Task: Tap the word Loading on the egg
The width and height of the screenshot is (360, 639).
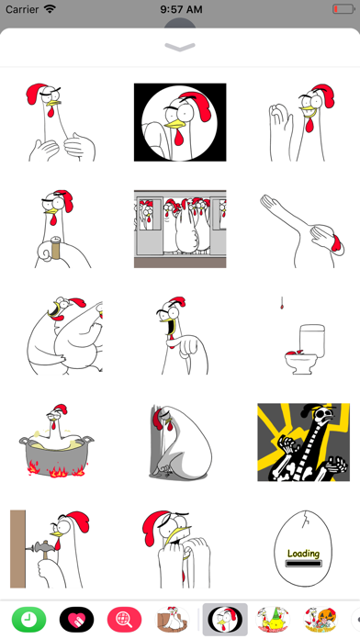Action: click(x=303, y=554)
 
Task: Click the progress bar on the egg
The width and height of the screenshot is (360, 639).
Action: click(x=303, y=564)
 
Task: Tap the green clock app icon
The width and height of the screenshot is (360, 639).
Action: click(x=29, y=620)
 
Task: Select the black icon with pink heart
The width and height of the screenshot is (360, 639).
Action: click(x=76, y=620)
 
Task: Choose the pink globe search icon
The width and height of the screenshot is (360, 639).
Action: click(x=124, y=620)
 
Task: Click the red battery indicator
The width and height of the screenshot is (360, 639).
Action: click(x=343, y=9)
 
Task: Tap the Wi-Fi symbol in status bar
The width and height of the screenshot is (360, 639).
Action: click(x=51, y=9)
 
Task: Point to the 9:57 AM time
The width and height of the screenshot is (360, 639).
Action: click(x=181, y=9)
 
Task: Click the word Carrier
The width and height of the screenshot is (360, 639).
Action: click(x=22, y=9)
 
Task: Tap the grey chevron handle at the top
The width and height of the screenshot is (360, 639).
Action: click(x=180, y=47)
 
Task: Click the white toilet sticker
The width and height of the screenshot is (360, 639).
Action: click(x=305, y=349)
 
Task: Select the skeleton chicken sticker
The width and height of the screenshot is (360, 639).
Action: click(x=303, y=443)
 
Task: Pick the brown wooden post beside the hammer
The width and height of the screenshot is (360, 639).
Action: click(x=17, y=548)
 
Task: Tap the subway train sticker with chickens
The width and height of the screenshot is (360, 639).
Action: click(x=180, y=229)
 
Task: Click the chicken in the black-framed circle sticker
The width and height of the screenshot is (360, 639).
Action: click(x=180, y=122)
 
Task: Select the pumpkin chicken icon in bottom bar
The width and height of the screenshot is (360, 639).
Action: click(x=321, y=620)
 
